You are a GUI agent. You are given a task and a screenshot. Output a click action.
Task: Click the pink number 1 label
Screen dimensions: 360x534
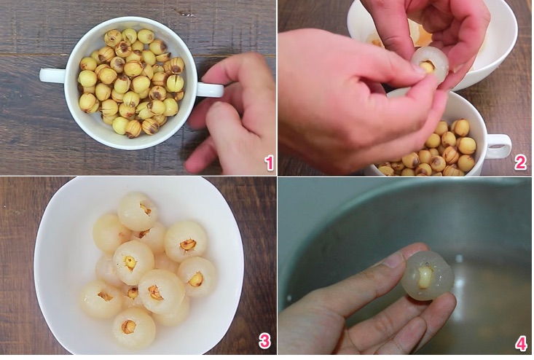[268, 162]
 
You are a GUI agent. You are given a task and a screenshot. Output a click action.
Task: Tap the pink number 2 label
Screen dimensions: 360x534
[520, 162]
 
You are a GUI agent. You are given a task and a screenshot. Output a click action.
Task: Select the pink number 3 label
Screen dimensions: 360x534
[264, 340]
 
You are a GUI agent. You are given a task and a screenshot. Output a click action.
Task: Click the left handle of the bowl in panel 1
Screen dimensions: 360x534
[52, 75]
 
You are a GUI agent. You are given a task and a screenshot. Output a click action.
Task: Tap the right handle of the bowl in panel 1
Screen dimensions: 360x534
[208, 90]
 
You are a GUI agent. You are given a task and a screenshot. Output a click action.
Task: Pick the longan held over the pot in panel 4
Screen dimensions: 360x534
[428, 275]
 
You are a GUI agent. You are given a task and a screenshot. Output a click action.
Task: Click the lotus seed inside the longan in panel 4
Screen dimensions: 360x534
[426, 275]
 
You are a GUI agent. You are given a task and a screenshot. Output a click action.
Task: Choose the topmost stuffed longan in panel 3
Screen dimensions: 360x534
[138, 211]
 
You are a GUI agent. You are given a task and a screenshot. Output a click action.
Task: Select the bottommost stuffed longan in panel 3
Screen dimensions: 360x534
[133, 327]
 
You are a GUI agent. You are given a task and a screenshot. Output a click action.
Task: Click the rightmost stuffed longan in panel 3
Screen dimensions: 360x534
[197, 276]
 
